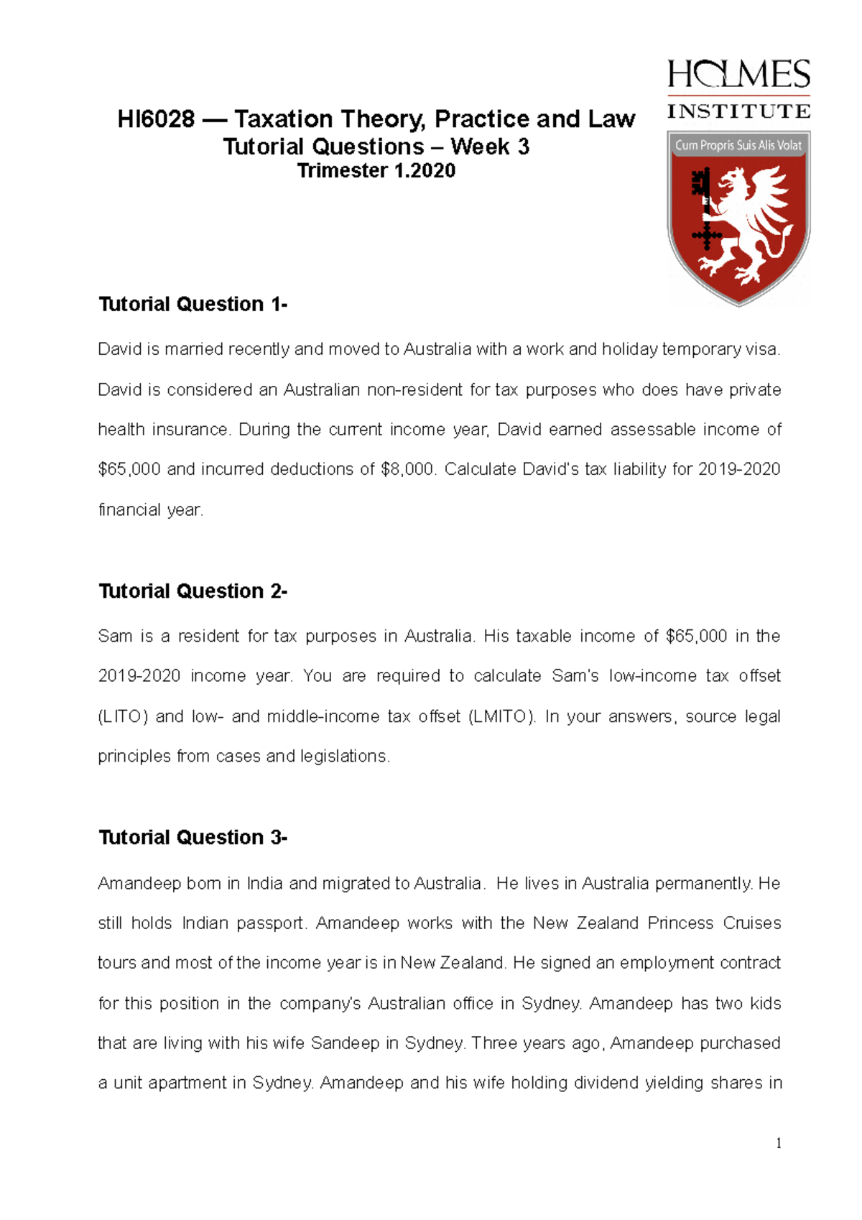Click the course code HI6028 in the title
[x=156, y=119]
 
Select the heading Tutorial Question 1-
[x=193, y=305]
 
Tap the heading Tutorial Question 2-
[x=193, y=591]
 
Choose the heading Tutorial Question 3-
[x=193, y=838]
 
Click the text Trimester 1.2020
[x=376, y=171]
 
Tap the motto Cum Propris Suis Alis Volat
[x=738, y=145]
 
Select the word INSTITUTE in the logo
[x=738, y=111]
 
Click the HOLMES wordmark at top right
[x=738, y=75]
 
